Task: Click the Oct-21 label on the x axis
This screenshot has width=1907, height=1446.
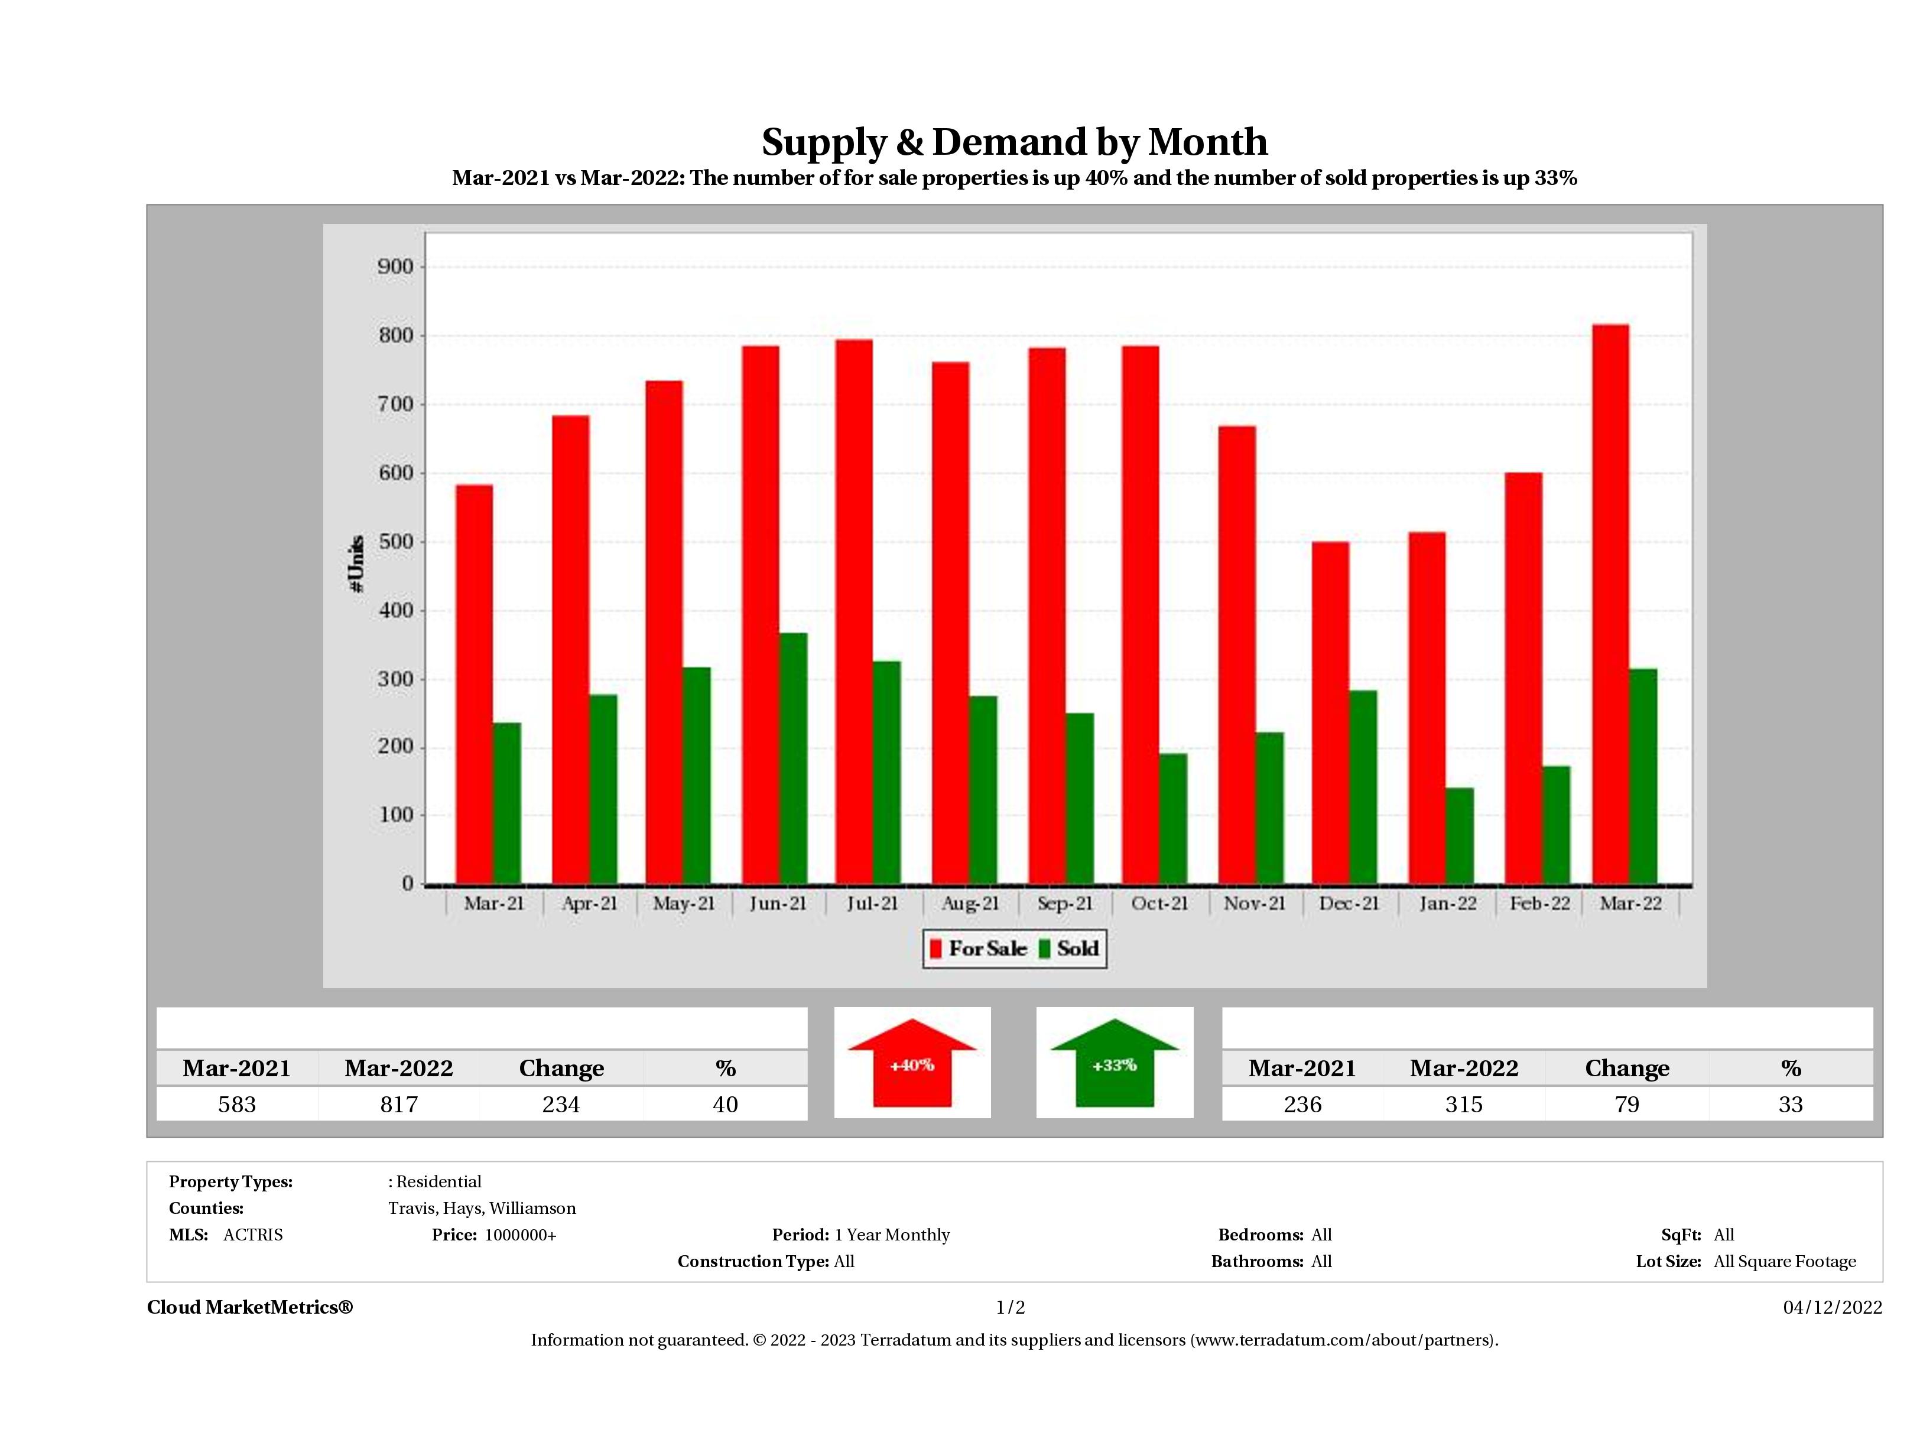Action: coord(1159,903)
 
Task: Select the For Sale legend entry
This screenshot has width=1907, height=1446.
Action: coord(977,949)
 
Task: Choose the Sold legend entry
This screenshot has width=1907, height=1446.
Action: coord(1069,949)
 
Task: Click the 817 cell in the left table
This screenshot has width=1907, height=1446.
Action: coord(398,1104)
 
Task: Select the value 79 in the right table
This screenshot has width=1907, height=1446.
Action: coord(1626,1104)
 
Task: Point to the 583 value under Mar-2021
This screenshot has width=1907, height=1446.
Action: coord(237,1104)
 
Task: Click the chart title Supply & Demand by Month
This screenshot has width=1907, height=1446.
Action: coord(1014,142)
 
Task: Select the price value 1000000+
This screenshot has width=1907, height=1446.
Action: coord(520,1235)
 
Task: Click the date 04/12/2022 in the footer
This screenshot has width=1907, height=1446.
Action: coord(1832,1307)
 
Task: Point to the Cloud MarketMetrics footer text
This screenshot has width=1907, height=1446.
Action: coord(250,1307)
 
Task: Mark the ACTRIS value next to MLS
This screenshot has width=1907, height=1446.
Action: coord(252,1235)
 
